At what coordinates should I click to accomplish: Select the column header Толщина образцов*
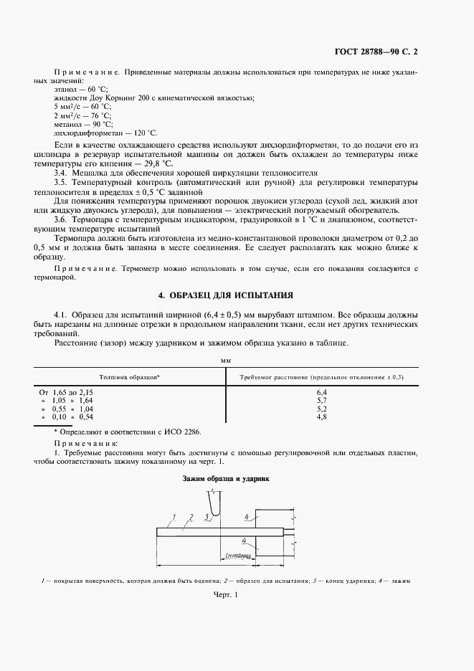pos(129,376)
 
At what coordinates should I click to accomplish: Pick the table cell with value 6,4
pos(321,393)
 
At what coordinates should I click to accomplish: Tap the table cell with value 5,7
pos(321,401)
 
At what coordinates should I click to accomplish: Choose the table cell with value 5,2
pos(321,409)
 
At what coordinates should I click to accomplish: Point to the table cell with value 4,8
pos(321,417)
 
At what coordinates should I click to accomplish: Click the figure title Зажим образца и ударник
pos(225,478)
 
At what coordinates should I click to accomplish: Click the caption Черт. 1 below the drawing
pos(225,595)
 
